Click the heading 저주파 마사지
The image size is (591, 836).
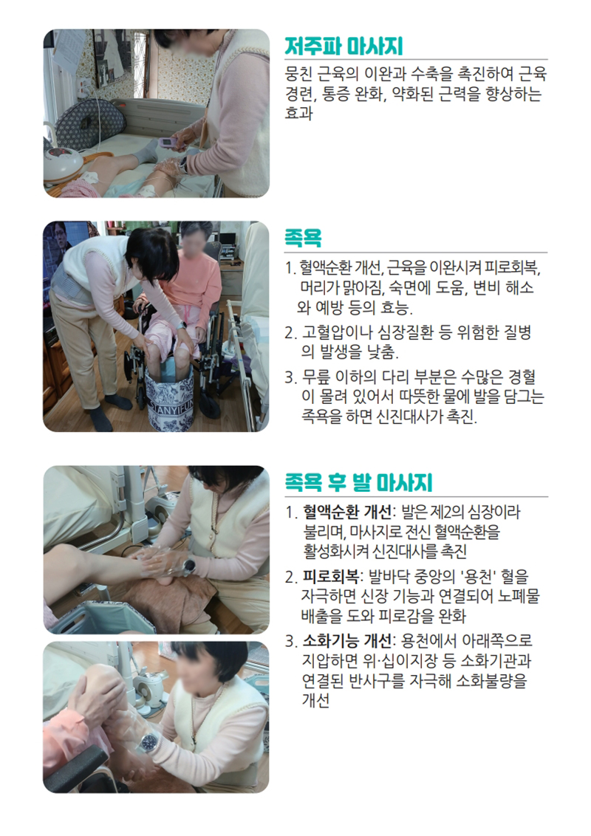tap(344, 47)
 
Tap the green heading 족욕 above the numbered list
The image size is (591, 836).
tap(303, 237)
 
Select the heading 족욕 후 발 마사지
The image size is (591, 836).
tap(358, 482)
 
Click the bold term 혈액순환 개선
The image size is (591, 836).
tap(347, 513)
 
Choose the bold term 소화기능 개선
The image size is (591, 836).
tap(347, 640)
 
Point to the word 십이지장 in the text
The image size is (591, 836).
tap(409, 661)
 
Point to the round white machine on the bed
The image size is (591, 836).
tap(63, 163)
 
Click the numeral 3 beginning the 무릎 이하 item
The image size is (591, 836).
tap(289, 378)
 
